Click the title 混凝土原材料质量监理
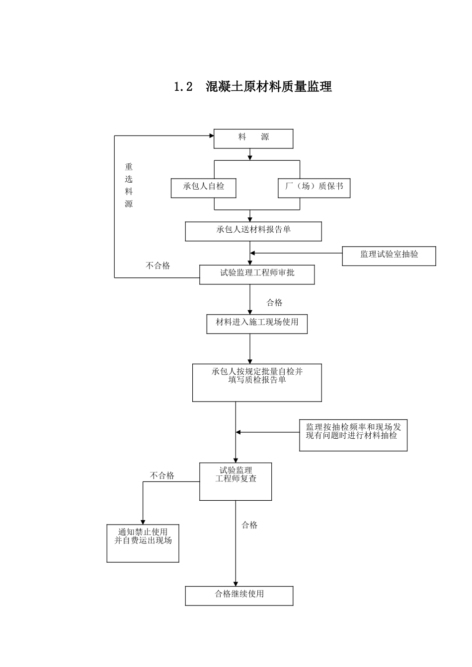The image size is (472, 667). coord(268,87)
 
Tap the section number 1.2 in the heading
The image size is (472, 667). coord(183,87)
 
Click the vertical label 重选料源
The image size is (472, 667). coord(129,185)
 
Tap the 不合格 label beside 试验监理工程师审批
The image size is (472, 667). coord(157,266)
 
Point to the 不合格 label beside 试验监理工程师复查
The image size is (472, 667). coord(162,475)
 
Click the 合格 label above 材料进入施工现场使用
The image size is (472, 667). coord(274,303)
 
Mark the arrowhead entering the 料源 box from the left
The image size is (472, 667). coord(212,136)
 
